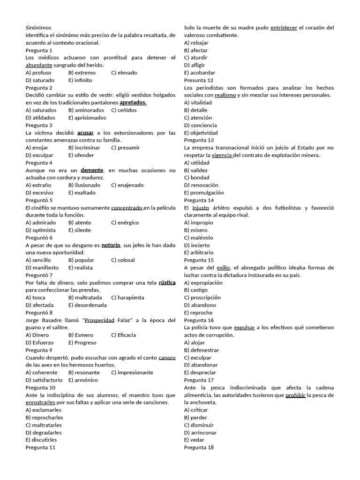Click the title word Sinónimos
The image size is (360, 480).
[38, 28]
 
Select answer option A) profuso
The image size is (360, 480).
[38, 73]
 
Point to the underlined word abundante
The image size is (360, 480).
[39, 65]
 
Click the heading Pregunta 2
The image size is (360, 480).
[39, 88]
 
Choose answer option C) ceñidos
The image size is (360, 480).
[124, 110]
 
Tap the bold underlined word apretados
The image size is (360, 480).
[133, 103]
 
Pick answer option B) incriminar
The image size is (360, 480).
[84, 148]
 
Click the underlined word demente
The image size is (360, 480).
[92, 170]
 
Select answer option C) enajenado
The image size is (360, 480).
[127, 185]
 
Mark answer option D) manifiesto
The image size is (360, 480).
[42, 268]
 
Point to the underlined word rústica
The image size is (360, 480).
[167, 283]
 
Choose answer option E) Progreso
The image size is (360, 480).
[82, 343]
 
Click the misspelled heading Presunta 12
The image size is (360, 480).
[199, 80]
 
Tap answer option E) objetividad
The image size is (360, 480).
[201, 133]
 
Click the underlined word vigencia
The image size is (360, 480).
[222, 155]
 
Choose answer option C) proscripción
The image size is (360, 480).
[202, 298]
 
